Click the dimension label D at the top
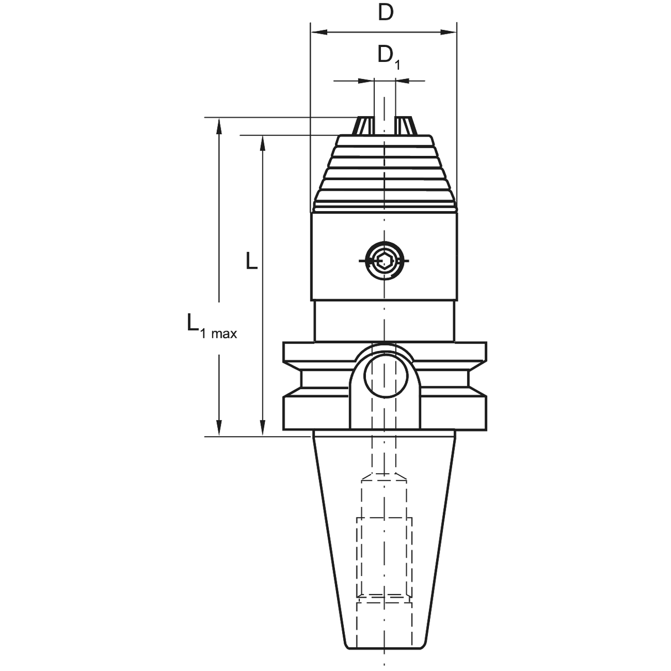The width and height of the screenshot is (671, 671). point(385,13)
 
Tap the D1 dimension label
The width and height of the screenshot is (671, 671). point(389,57)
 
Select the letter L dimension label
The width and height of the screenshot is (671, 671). point(251,261)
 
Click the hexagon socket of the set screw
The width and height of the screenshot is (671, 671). point(384,260)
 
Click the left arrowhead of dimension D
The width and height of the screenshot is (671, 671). point(319,33)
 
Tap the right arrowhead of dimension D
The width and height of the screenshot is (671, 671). point(448,33)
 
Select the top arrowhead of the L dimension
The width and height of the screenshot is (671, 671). point(263,143)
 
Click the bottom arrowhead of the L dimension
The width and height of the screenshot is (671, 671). point(263,428)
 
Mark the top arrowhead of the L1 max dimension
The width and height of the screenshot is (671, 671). point(219,125)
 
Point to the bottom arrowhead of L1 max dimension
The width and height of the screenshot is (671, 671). point(219,428)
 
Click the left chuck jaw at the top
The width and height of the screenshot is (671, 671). point(363,125)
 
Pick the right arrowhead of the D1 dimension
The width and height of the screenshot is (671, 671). point(403,81)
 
